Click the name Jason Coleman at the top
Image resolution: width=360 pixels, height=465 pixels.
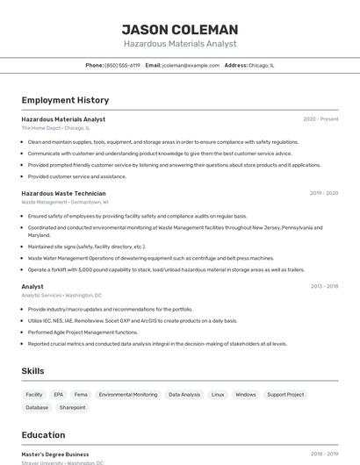pyautogui.click(x=179, y=29)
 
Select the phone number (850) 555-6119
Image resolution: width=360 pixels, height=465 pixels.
pyautogui.click(x=122, y=65)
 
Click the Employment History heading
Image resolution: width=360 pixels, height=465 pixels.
pyautogui.click(x=65, y=100)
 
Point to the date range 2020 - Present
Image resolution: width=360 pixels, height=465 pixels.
pyautogui.click(x=320, y=119)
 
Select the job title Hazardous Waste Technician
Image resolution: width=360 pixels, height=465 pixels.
pyautogui.click(x=63, y=193)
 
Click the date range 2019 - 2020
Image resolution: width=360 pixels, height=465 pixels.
pyautogui.click(x=324, y=193)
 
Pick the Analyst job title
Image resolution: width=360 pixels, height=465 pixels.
pyautogui.click(x=32, y=286)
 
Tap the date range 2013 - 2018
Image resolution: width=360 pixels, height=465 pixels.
pyautogui.click(x=324, y=286)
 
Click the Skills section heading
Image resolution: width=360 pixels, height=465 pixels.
pyautogui.click(x=33, y=371)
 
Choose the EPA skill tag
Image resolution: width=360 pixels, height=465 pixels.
pyautogui.click(x=59, y=395)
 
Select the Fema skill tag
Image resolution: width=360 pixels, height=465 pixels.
pyautogui.click(x=81, y=395)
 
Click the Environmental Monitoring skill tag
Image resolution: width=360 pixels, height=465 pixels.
pyautogui.click(x=128, y=395)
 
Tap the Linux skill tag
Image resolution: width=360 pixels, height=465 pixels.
pyautogui.click(x=218, y=395)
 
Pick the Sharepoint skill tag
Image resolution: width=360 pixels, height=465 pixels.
pyautogui.click(x=72, y=407)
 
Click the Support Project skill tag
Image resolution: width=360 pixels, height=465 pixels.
pyautogui.click(x=285, y=395)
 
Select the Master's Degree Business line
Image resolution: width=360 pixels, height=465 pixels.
pyautogui.click(x=55, y=454)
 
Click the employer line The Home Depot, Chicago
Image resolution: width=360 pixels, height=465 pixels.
pyautogui.click(x=55, y=127)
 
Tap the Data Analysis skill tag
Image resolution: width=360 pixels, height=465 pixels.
pyautogui.click(x=184, y=395)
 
